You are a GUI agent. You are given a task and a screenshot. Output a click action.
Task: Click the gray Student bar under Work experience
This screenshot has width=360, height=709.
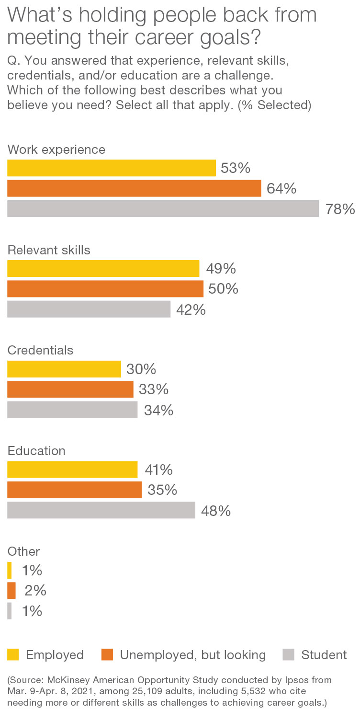pos(163,209)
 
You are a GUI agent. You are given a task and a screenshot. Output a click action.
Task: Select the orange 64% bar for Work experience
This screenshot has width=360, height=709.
pos(134,188)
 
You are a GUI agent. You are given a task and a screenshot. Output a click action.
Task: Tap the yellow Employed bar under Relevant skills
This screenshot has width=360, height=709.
pos(103,268)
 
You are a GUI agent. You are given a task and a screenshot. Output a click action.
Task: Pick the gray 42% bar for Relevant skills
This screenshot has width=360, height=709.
pos(89,309)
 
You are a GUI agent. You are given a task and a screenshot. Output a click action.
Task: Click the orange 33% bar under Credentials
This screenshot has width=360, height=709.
pos(70,389)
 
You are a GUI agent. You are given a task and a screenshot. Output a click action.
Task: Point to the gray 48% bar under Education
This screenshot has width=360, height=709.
pos(101,510)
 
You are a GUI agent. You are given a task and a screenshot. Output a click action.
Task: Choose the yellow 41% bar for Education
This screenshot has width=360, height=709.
pos(72,469)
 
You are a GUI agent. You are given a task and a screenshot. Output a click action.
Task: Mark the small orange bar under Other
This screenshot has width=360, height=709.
pos(11,590)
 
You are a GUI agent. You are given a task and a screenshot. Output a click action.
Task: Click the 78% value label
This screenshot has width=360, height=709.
pos(340,209)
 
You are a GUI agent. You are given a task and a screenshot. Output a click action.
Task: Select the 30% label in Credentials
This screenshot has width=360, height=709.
pos(142,369)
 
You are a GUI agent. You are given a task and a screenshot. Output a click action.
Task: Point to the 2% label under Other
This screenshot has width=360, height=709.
pos(35,591)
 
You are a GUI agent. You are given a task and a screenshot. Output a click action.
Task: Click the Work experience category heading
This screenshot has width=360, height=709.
pos(56,149)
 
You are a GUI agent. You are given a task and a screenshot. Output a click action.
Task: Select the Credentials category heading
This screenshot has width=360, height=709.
pos(41,350)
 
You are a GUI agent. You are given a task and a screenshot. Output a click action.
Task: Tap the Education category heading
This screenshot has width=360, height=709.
pos(36,451)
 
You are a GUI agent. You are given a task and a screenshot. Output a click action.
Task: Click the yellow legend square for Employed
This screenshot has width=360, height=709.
pos(13,654)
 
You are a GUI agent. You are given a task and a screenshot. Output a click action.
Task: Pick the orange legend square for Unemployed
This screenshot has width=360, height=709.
pos(107,654)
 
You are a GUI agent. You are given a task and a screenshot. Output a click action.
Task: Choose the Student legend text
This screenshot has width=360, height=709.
pos(324,655)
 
